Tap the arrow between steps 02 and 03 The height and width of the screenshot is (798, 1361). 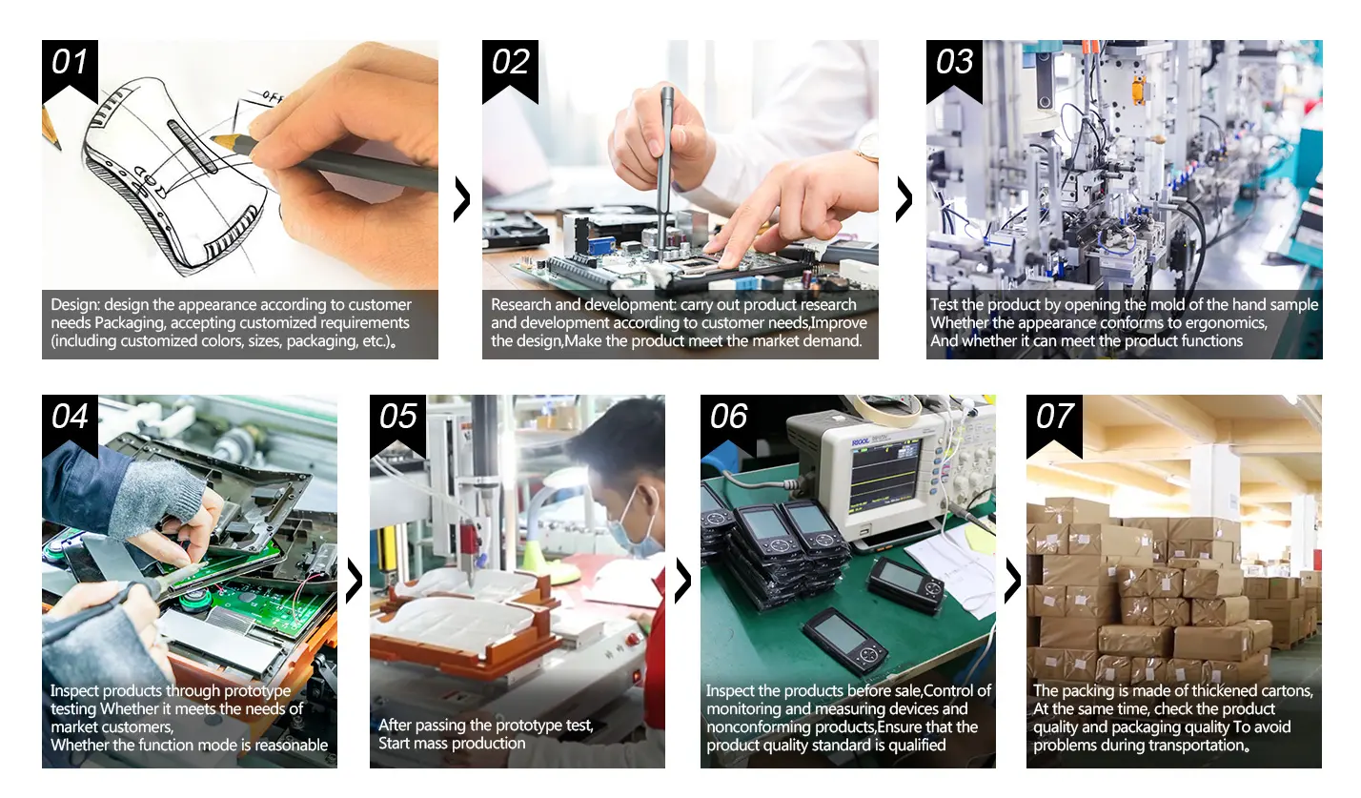pos(905,198)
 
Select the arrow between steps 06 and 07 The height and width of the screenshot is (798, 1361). pos(1013,581)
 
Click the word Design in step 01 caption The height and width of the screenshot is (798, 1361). pos(75,305)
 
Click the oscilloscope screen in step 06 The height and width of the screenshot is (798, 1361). pos(884,476)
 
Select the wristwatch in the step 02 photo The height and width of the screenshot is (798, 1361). pos(868,148)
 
